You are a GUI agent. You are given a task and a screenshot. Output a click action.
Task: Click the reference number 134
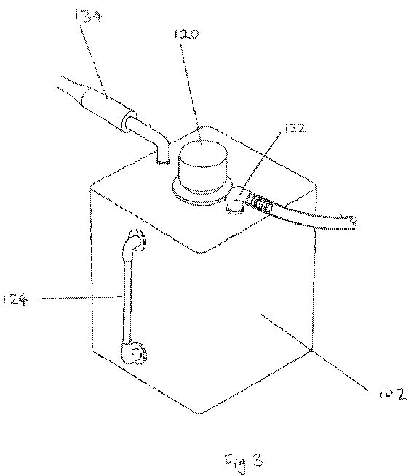(x=87, y=15)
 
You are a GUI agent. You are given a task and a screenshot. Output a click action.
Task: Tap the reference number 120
(x=186, y=33)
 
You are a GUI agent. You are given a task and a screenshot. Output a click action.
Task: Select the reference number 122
(x=295, y=128)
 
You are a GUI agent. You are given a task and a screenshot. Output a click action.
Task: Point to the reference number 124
(x=15, y=300)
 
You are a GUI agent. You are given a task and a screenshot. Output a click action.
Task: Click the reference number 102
(x=393, y=394)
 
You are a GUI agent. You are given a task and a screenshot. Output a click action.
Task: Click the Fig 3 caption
(x=243, y=463)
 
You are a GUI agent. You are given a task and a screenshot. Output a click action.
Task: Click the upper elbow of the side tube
(x=135, y=241)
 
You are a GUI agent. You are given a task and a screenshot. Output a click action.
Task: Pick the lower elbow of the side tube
(x=135, y=353)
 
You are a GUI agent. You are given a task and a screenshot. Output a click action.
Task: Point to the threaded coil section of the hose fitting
(x=259, y=203)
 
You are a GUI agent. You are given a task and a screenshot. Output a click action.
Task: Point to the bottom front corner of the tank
(x=199, y=413)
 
